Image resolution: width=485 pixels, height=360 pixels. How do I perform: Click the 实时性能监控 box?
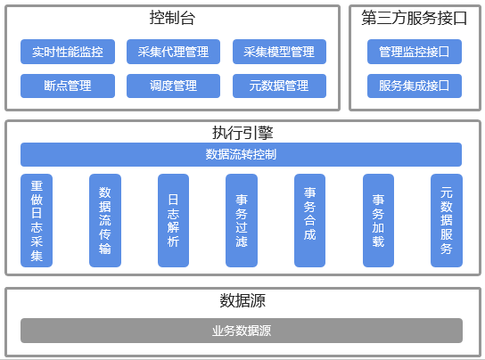pos(68,52)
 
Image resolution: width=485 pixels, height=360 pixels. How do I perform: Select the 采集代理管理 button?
pos(173,52)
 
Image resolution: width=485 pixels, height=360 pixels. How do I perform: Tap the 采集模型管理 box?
pos(279,52)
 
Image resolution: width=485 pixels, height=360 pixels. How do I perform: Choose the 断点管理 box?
pos(68,86)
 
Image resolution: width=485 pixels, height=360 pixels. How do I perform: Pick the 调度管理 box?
pos(173,86)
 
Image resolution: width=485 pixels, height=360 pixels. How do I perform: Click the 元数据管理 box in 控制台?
pos(279,86)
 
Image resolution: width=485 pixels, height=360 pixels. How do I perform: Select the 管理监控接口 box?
pos(415,52)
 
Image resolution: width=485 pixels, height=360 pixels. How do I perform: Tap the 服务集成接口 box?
pos(415,86)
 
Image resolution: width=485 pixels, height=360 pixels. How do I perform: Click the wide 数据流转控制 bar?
pos(242,154)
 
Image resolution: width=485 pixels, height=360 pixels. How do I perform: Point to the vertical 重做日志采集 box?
pos(37,220)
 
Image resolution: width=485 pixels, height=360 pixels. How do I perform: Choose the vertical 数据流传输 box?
pos(105,220)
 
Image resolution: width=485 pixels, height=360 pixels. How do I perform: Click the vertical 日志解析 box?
pos(173,220)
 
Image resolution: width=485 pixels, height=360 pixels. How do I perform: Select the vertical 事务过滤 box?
pos(242,220)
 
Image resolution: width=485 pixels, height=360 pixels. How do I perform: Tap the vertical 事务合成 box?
pos(309,220)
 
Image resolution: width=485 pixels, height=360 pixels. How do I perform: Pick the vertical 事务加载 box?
pos(378,220)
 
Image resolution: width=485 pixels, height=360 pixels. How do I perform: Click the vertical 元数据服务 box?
pos(447,220)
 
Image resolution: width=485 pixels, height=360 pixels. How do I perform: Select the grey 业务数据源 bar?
pos(242,331)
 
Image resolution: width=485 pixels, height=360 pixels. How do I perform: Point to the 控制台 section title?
pos(172,18)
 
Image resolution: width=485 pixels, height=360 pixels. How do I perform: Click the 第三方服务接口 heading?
pos(415,18)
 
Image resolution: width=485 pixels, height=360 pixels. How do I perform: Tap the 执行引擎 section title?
pos(242,133)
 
